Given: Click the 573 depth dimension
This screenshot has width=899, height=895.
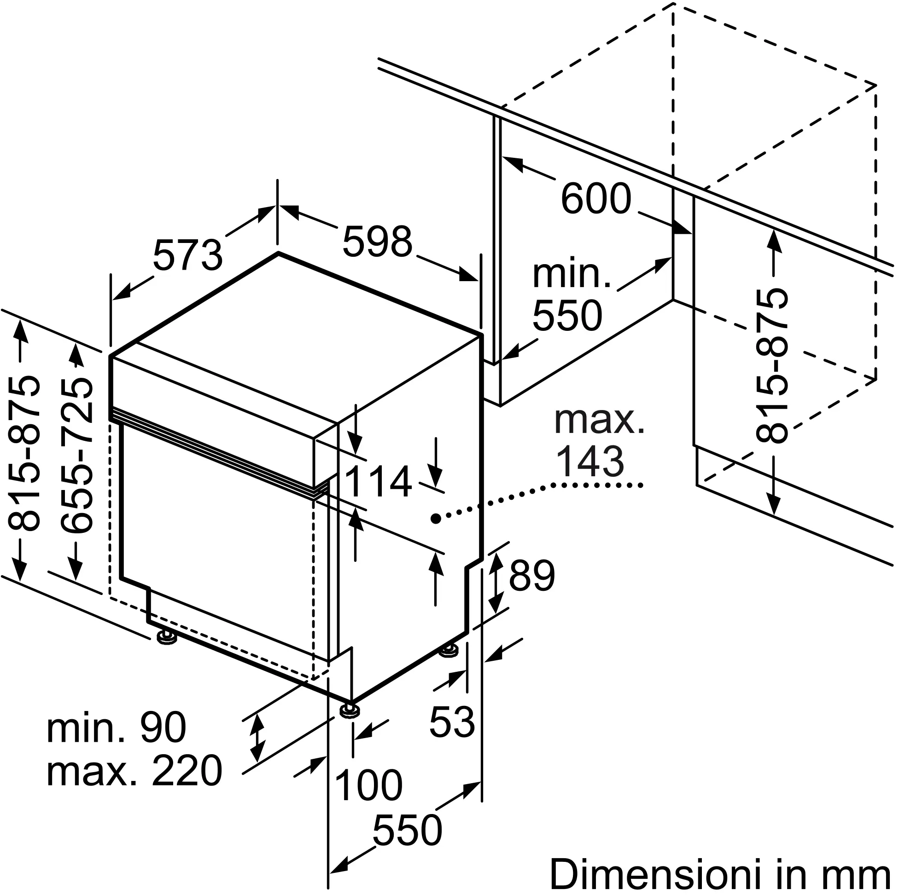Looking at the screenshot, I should [188, 255].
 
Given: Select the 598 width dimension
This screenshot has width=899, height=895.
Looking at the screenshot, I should [377, 242].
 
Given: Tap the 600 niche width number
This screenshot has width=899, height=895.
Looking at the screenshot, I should [596, 198].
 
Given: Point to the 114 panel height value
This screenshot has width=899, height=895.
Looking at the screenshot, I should [378, 482].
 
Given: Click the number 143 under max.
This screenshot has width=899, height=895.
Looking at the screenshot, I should [590, 461].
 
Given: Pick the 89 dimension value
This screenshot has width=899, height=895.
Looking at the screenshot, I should [532, 576].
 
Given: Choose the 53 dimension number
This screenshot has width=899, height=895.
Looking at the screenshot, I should [452, 722].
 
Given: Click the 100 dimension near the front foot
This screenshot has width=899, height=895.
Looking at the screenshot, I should [368, 786].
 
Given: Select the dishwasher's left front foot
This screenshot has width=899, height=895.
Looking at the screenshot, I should [167, 637].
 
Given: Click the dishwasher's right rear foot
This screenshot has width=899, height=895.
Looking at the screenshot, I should [449, 651].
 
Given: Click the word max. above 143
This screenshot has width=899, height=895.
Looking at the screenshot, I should [599, 421].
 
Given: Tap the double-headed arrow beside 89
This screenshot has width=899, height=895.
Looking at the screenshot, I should [496, 582].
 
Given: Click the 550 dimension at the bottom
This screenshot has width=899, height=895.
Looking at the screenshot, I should [407, 831].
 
